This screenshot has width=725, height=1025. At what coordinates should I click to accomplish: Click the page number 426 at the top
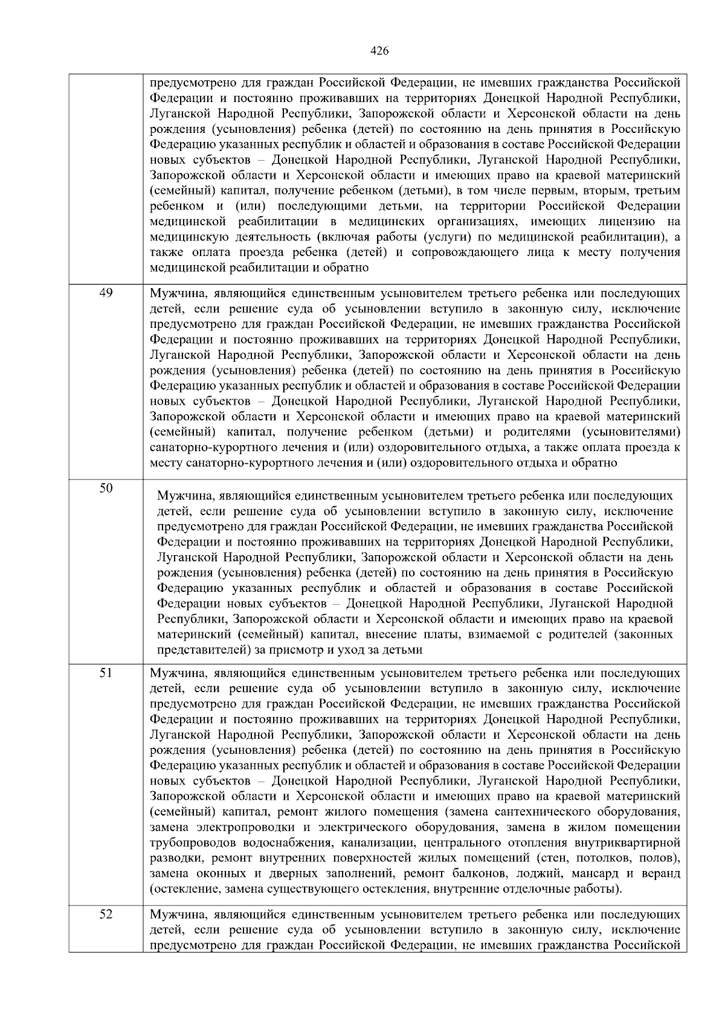(379, 51)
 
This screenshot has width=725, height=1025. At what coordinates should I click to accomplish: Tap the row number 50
(106, 488)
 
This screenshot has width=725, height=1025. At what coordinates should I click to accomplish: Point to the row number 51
(106, 673)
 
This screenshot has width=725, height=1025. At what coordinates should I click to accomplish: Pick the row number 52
(106, 914)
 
